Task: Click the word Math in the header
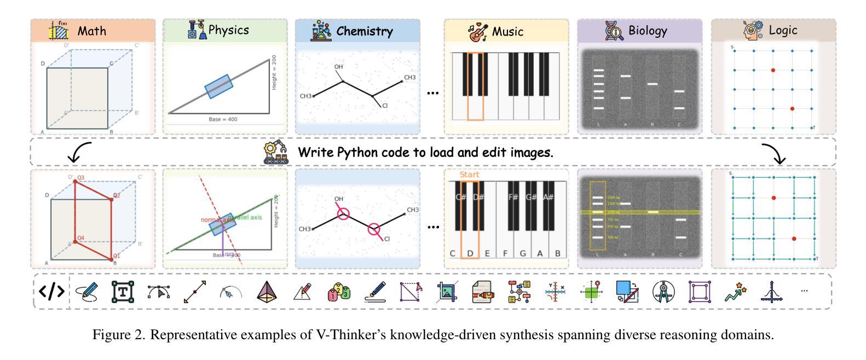[x=91, y=31]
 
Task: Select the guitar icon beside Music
[x=478, y=32]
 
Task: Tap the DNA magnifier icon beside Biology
[x=614, y=31]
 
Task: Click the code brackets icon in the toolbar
[x=52, y=292]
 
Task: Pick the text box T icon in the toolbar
[x=123, y=292]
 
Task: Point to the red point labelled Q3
[x=74, y=181]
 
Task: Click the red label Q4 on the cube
[x=80, y=238]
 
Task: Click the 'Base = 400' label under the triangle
[x=223, y=119]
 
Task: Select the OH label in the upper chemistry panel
[x=338, y=67]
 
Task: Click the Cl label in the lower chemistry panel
[x=387, y=239]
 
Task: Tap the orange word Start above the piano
[x=469, y=175]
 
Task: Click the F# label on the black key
[x=513, y=197]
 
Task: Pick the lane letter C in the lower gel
[x=680, y=255]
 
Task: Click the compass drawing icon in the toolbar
[x=663, y=292]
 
